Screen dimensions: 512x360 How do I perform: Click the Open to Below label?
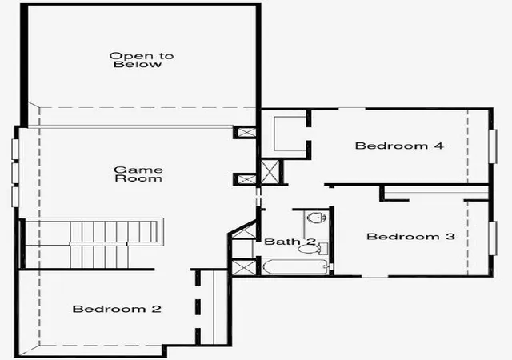pyautogui.click(x=141, y=60)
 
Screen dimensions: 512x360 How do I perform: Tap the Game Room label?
pyautogui.click(x=138, y=174)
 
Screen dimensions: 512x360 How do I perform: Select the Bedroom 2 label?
pyautogui.click(x=117, y=309)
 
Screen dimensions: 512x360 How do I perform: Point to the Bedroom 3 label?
pyautogui.click(x=410, y=236)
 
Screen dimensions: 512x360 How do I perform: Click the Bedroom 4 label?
pyautogui.click(x=399, y=146)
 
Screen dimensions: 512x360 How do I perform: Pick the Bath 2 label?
pyautogui.click(x=290, y=242)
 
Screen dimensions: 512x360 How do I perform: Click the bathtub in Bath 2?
pyautogui.click(x=296, y=267)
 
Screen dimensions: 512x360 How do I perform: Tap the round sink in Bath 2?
pyautogui.click(x=317, y=218)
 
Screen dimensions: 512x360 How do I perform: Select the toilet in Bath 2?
pyautogui.click(x=313, y=249)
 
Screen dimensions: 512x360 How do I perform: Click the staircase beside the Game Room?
pyautogui.click(x=91, y=243)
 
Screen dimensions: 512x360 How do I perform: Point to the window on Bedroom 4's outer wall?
pyautogui.click(x=493, y=146)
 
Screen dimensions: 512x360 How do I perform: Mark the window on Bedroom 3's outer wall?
pyautogui.click(x=493, y=238)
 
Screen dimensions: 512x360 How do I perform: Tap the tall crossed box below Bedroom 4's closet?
pyautogui.click(x=270, y=172)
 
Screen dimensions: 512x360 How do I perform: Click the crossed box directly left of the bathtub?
pyautogui.click(x=244, y=267)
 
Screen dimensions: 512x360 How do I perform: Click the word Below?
pyautogui.click(x=138, y=64)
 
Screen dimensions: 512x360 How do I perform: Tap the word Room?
pyautogui.click(x=138, y=178)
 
